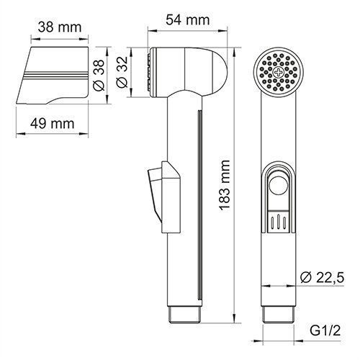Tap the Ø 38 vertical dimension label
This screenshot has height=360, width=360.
point(100,73)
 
